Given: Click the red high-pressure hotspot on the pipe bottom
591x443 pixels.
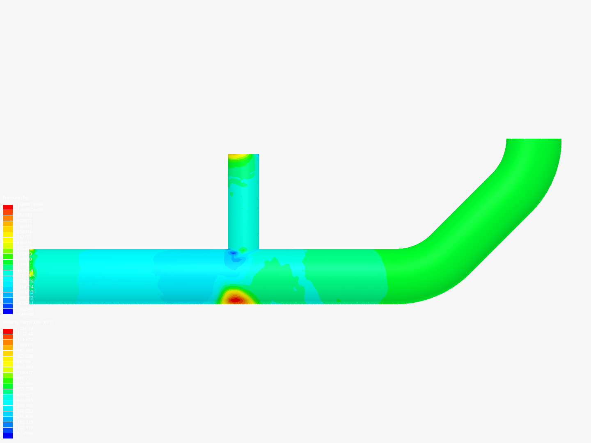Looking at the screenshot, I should click(x=235, y=300).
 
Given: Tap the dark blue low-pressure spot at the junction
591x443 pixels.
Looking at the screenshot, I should click(x=234, y=253).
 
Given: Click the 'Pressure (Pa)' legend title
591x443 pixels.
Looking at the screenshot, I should click(x=16, y=198).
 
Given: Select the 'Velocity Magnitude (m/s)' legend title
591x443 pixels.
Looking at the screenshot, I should click(x=28, y=322).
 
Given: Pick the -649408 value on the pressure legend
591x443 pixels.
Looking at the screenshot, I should click(x=25, y=314).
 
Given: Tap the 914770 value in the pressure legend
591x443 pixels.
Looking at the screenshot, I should click(x=24, y=215).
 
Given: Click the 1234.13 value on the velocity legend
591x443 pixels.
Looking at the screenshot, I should click(x=25, y=329).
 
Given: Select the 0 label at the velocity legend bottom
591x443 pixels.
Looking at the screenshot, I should click(x=18, y=438).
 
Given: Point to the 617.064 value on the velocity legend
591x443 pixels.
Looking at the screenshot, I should click(x=25, y=384).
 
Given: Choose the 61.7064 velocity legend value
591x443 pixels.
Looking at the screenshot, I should click(x=25, y=433).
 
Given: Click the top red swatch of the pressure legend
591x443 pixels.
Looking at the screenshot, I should click(x=8, y=207).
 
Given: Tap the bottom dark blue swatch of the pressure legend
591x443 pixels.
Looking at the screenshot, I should click(x=8, y=312).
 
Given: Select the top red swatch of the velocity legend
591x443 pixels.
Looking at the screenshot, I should click(x=8, y=331).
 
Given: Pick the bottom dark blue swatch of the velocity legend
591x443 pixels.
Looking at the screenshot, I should click(x=8, y=436).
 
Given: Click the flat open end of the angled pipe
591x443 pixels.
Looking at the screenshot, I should click(x=534, y=139).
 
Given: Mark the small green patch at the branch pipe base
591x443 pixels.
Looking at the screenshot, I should click(x=243, y=249).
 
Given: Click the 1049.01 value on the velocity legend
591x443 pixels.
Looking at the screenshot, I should click(x=25, y=345).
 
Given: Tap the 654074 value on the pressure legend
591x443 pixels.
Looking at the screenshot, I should click(x=24, y=232).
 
